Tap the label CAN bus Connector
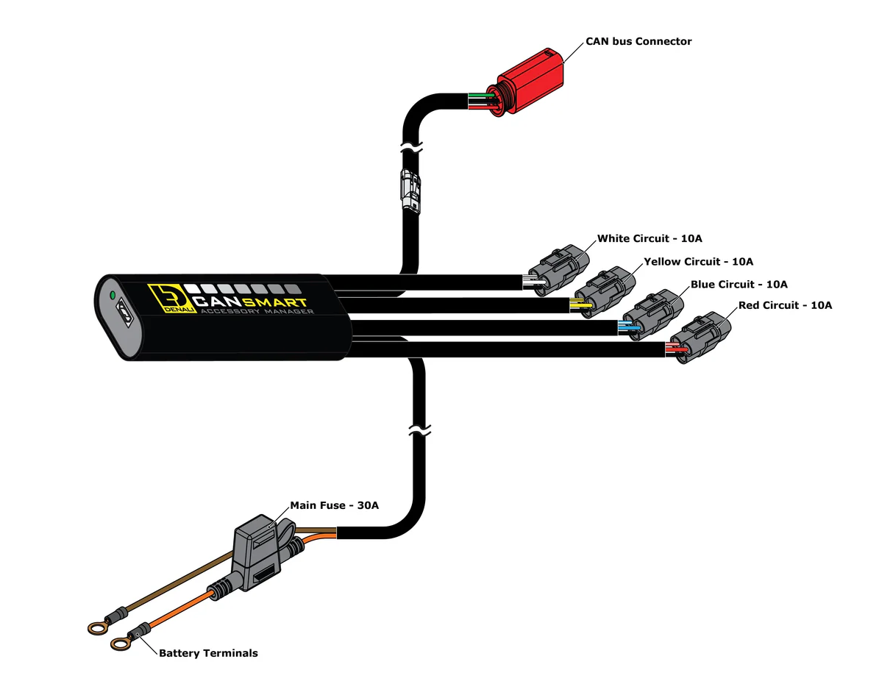click(x=638, y=42)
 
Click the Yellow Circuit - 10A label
click(x=698, y=261)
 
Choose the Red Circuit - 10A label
click(x=785, y=305)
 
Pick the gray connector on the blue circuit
click(x=655, y=314)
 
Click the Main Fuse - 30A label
click(x=334, y=505)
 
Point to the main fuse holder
click(x=255, y=555)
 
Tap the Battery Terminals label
click(x=208, y=653)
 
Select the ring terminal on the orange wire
click(x=120, y=644)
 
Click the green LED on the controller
click(x=112, y=296)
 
